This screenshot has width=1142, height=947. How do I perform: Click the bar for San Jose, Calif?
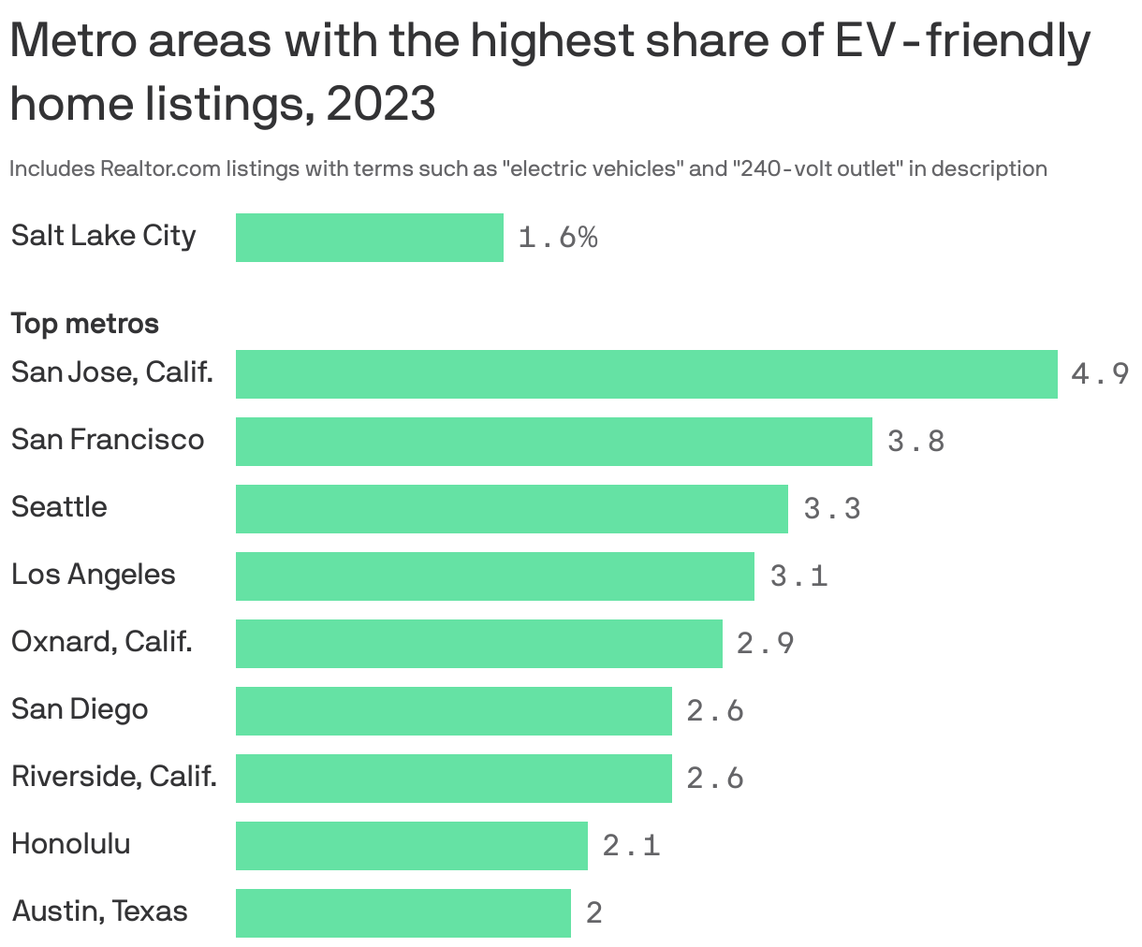tap(646, 374)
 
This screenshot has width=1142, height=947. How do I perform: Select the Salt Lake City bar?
tap(369, 238)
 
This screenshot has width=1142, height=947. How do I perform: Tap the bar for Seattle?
tap(511, 509)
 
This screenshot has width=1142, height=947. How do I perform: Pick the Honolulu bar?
tap(411, 846)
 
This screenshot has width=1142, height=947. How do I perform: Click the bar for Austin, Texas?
tap(403, 913)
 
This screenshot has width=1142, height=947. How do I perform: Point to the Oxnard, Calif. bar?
tap(478, 644)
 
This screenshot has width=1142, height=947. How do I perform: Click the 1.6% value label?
tap(558, 238)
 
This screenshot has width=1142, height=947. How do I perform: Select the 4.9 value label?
tap(1100, 374)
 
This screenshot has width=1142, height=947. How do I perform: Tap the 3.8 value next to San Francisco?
tap(915, 442)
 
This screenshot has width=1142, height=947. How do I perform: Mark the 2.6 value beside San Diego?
tap(715, 711)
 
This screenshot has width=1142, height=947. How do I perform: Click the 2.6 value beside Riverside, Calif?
tap(715, 779)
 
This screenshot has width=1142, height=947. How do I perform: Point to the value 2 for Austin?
tap(594, 913)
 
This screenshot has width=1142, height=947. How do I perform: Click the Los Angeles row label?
tap(93, 575)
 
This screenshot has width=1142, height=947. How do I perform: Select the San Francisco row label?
tap(108, 440)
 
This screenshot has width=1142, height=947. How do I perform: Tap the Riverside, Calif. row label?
tap(114, 777)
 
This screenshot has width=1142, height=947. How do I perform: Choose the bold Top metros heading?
tap(84, 324)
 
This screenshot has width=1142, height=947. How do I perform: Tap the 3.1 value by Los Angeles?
tap(798, 576)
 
